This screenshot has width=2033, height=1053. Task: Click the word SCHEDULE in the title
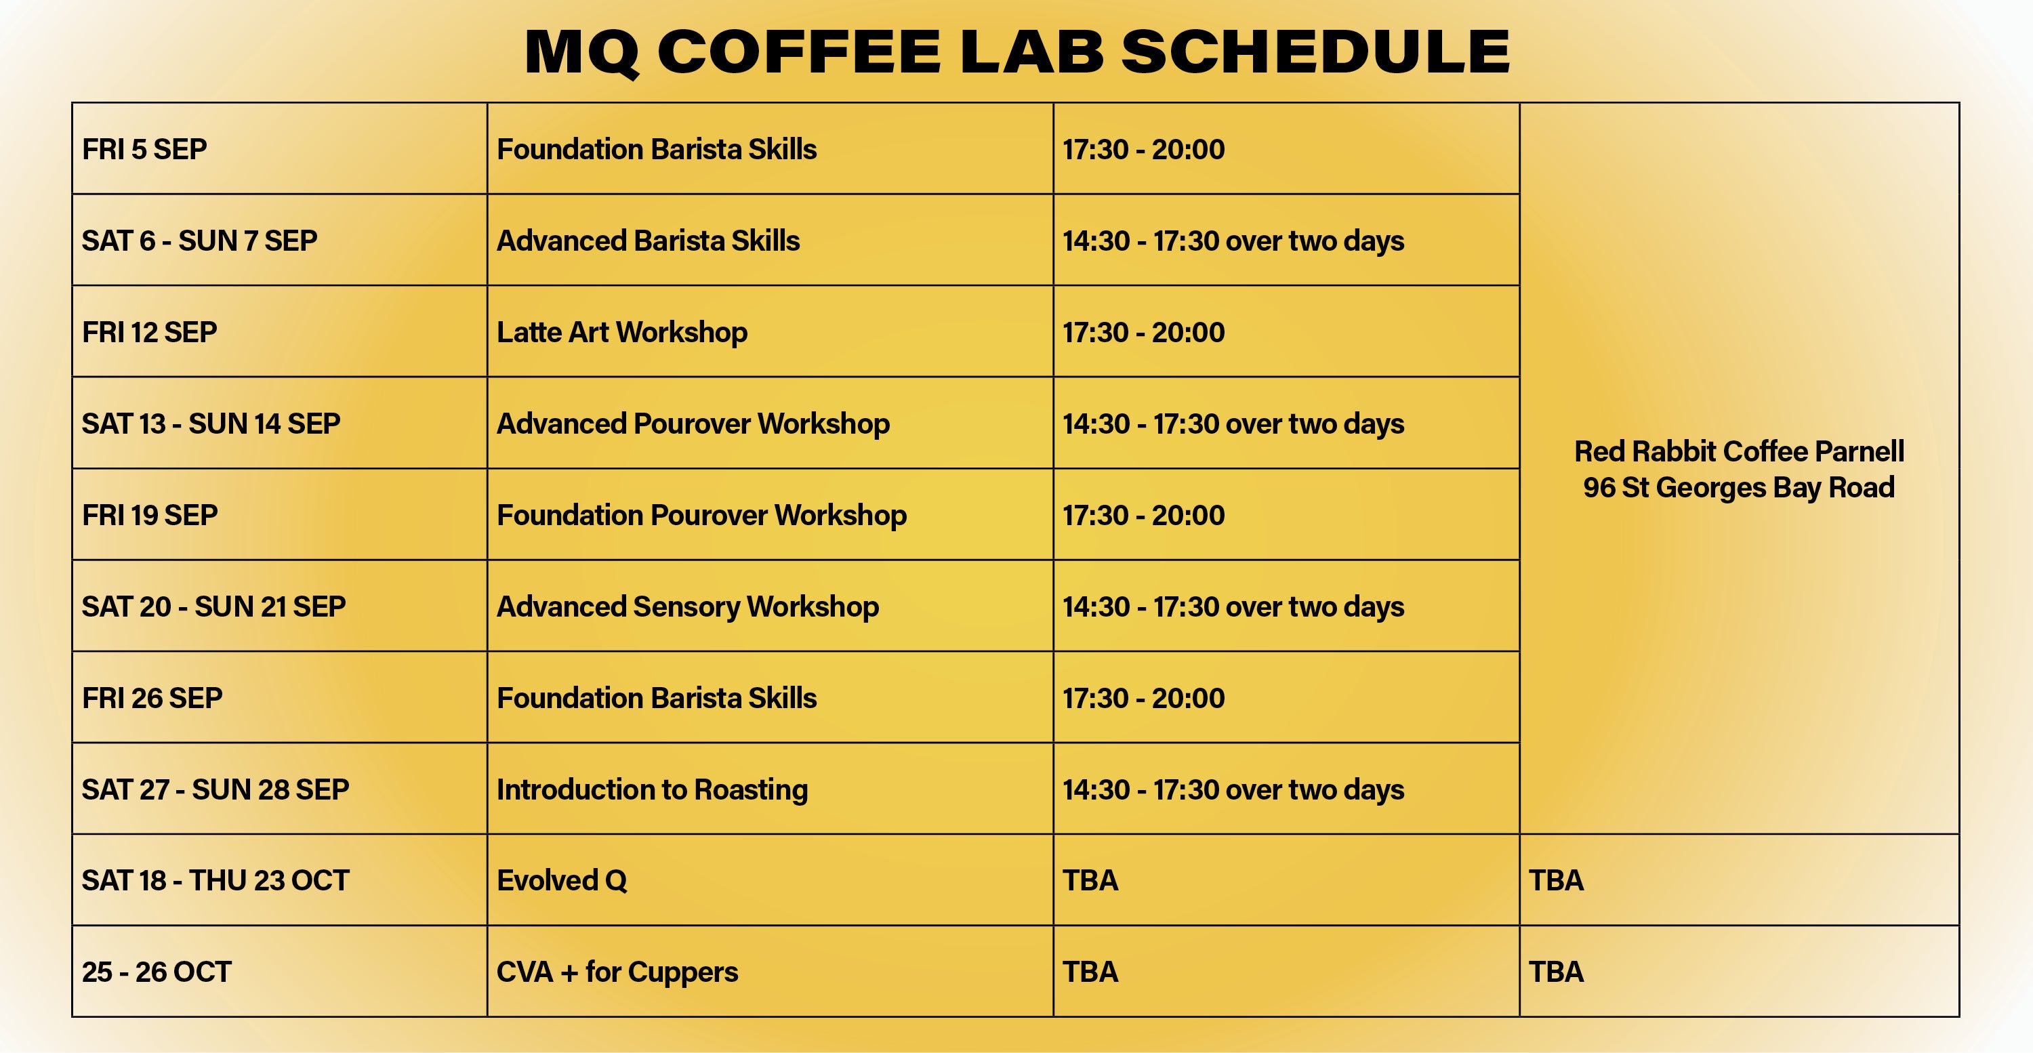1315,52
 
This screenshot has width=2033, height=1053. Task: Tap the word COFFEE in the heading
800,52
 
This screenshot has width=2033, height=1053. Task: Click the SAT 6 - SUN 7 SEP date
200,241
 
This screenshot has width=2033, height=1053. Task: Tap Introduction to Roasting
652,790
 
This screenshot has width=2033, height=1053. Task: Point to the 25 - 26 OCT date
157,972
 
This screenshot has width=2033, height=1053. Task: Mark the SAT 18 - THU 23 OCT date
215,880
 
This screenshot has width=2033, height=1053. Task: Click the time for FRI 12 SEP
1144,332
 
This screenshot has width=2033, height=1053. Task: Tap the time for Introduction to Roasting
1233,790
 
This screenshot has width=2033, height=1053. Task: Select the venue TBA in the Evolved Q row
1557,880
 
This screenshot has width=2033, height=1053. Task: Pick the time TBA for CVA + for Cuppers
1090,972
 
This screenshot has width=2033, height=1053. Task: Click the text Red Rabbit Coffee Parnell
1740,451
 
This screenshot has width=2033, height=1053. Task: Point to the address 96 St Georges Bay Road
1739,488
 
